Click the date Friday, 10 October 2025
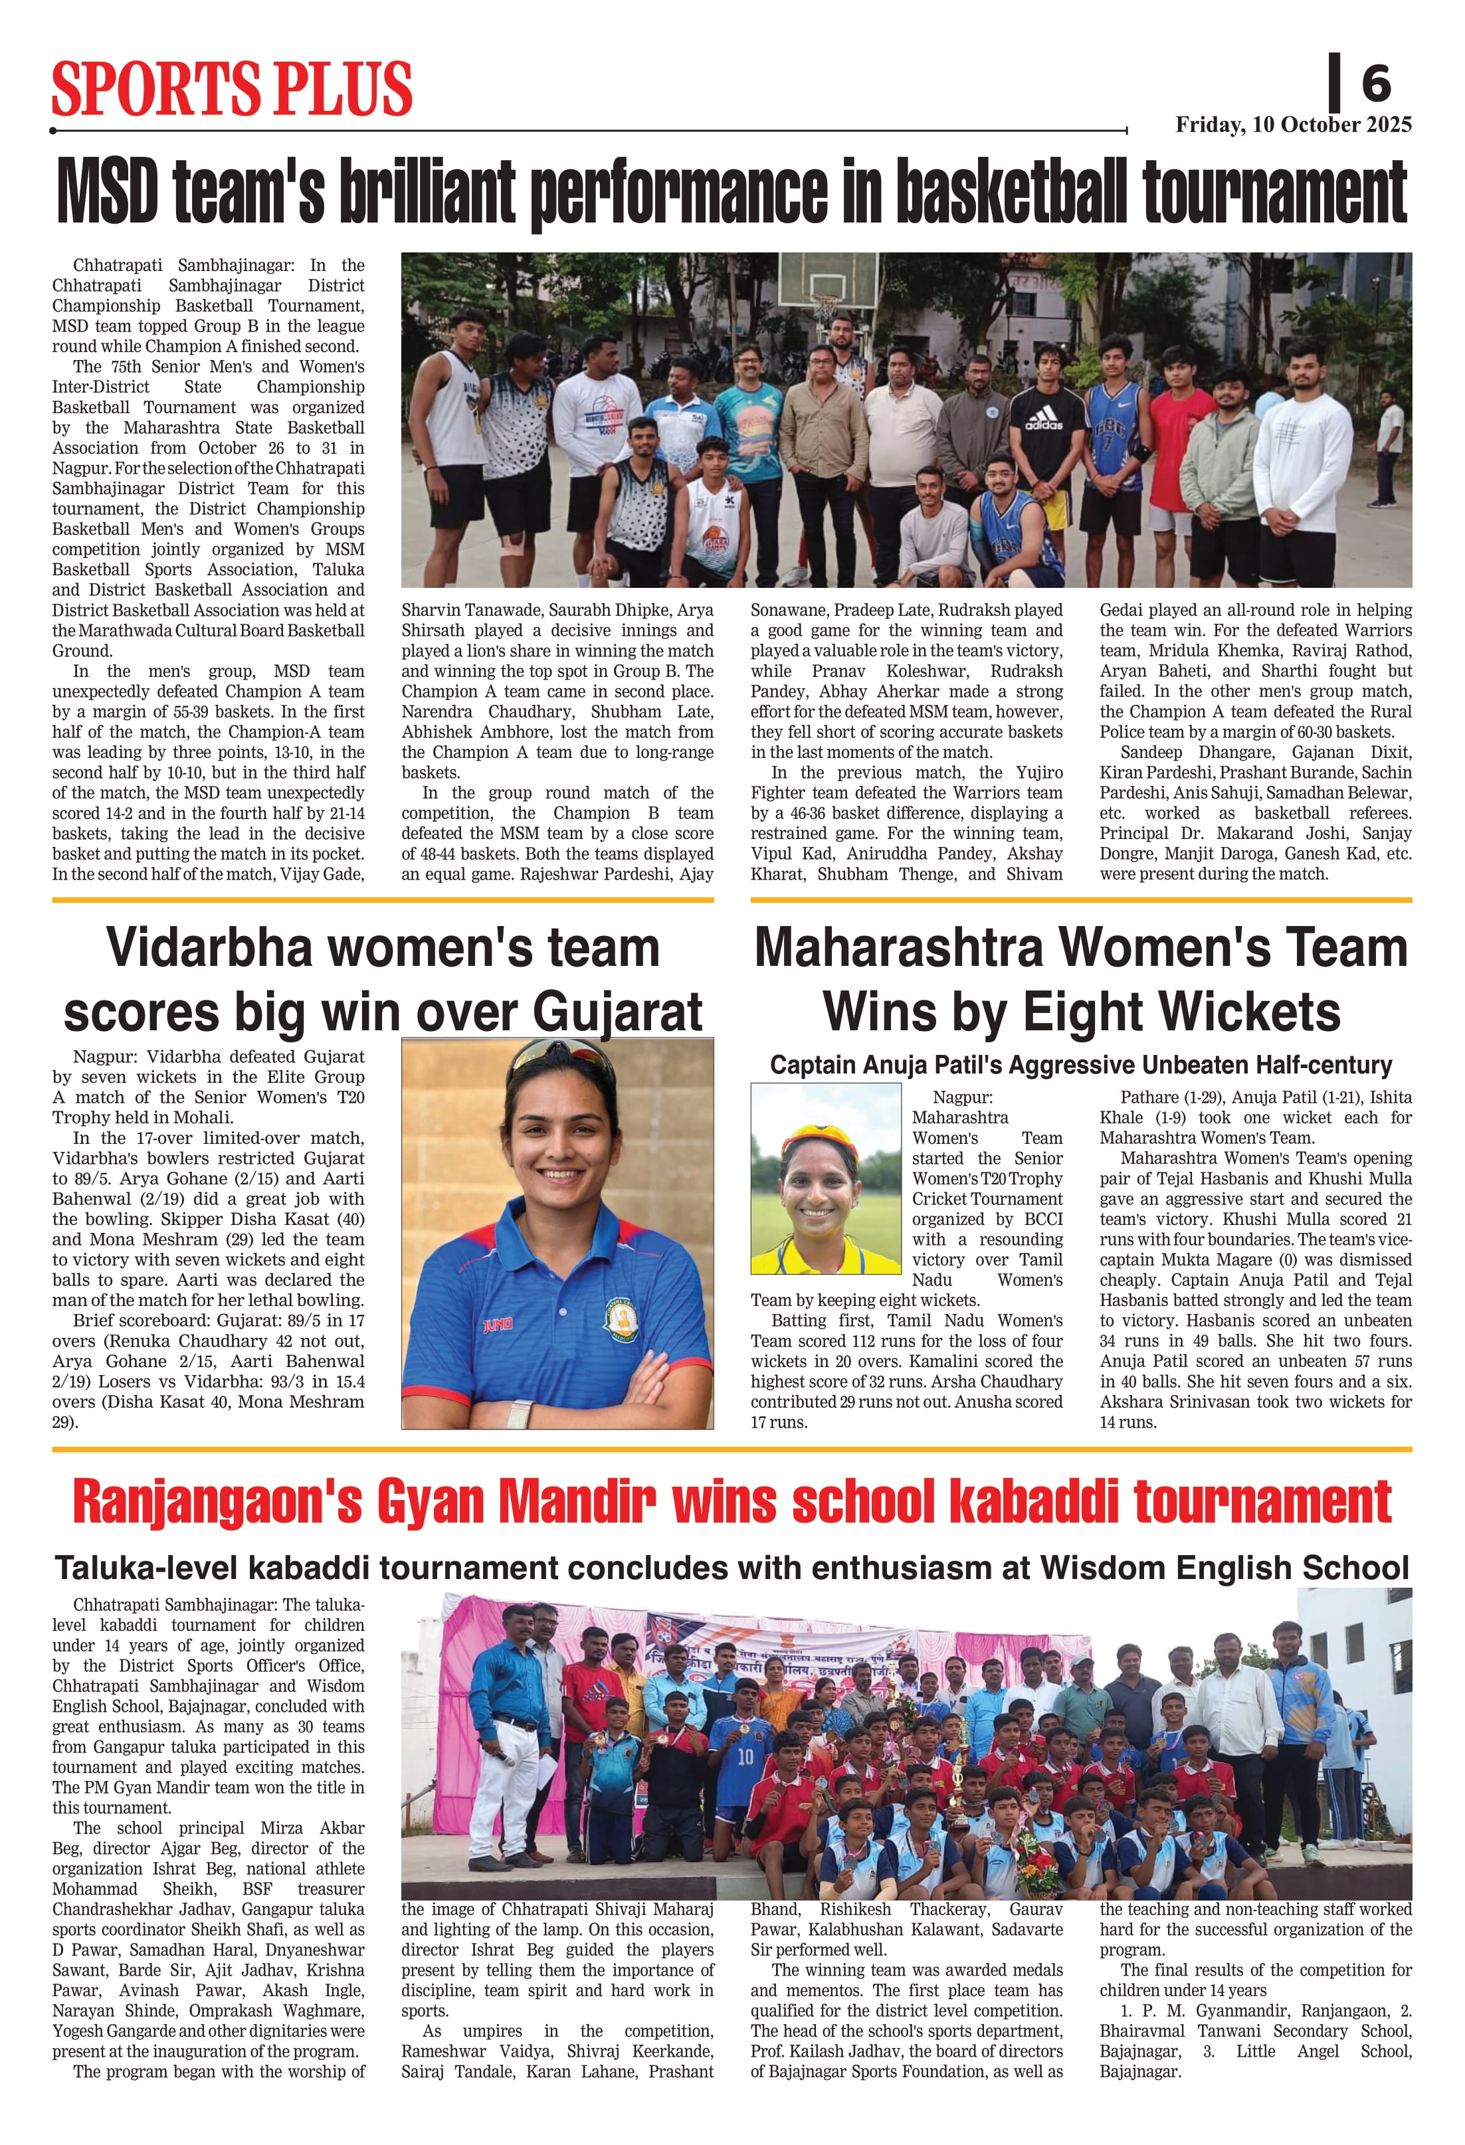pos(1292,126)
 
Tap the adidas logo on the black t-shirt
pos(1043,424)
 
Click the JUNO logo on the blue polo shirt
pos(498,1325)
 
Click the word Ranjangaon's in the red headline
pos(217,1502)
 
